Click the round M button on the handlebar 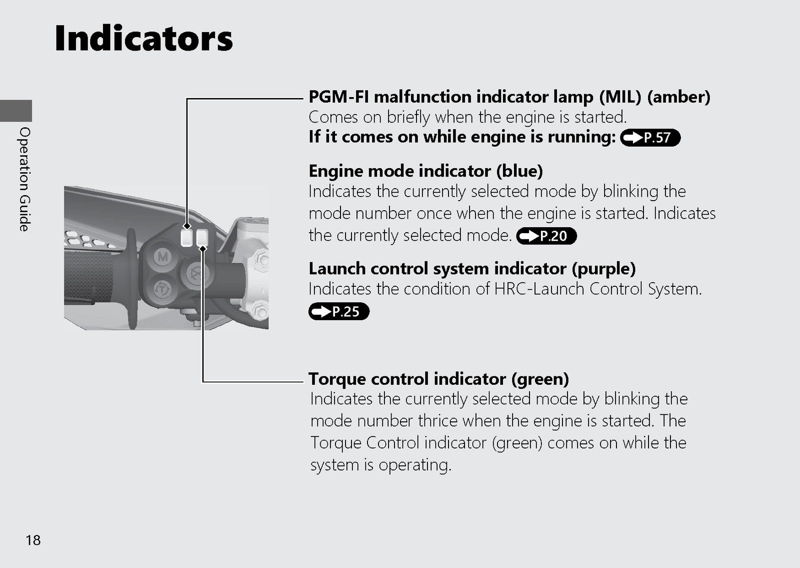[x=162, y=256]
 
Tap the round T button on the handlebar [x=162, y=289]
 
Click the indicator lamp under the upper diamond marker [x=186, y=238]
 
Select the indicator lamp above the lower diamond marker [x=202, y=237]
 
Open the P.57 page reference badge [x=650, y=138]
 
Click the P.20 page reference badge [x=546, y=236]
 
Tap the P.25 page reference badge [x=339, y=311]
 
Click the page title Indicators [x=143, y=38]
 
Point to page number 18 [x=33, y=540]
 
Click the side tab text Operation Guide [x=24, y=179]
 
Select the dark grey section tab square [x=15, y=111]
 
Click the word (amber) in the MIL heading [x=678, y=97]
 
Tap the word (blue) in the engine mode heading [x=519, y=171]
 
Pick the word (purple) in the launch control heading [x=603, y=269]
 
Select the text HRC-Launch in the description [x=539, y=289]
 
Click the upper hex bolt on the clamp [x=262, y=260]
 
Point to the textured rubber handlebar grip [x=88, y=277]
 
